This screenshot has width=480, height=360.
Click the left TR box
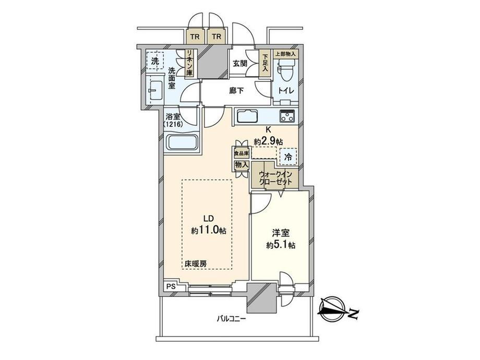click(194, 37)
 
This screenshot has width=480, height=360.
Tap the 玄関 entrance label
click(240, 64)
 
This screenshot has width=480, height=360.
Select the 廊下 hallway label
click(236, 91)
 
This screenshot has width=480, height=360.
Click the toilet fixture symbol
click(286, 70)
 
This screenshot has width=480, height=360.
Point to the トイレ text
click(286, 91)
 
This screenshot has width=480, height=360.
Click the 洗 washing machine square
click(154, 61)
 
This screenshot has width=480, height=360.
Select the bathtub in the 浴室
click(181, 142)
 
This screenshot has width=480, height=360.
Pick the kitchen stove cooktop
click(287, 116)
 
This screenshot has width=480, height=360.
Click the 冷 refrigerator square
click(287, 155)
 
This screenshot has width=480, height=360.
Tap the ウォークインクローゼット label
click(274, 177)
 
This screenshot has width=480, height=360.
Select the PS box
click(171, 286)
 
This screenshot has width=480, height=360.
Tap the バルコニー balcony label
click(232, 318)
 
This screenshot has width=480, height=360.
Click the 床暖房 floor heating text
click(195, 263)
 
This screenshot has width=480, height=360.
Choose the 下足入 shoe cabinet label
click(265, 63)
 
